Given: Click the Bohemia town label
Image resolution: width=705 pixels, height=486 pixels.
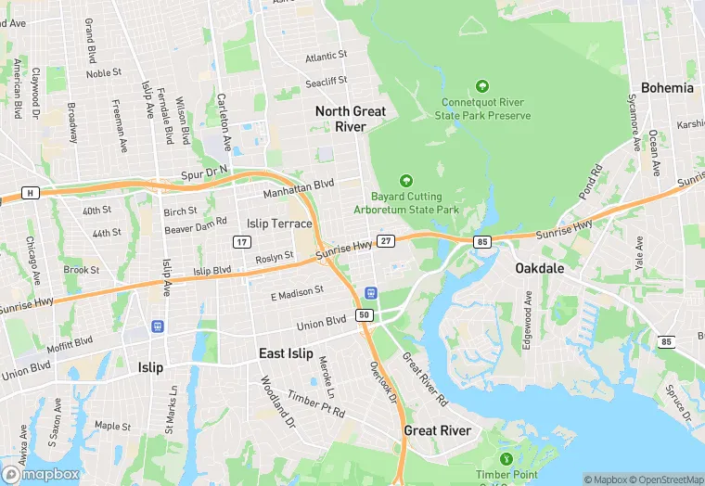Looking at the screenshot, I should coord(666,88).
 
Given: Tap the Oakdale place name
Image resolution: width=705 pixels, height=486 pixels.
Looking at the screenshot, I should coord(540,268).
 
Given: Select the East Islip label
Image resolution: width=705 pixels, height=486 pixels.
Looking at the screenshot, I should coord(286,353).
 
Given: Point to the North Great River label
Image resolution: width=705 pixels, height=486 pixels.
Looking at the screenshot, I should coord(351,119).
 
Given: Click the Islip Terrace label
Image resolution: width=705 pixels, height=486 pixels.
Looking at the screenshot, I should coord(280,224).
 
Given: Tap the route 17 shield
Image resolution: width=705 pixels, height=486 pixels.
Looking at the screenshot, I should coord(241,242).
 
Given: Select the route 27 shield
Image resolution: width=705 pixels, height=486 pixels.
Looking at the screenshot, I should coord(387,241).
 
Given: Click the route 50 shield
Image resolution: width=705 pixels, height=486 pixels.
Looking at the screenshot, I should coord(365,315).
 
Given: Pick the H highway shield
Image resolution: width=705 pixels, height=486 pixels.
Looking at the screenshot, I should coord(32,193).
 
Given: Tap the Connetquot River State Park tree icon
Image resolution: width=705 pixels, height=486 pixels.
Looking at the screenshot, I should coord(481,86).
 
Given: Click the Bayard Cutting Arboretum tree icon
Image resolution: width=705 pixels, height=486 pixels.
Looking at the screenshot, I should coord(405,180).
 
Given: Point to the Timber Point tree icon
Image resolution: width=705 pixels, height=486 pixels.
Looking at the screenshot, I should coord(506,459).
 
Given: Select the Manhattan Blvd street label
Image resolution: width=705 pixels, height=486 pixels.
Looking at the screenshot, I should coord(298,189).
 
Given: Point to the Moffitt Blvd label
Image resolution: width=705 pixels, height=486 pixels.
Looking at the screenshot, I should coord(70,342).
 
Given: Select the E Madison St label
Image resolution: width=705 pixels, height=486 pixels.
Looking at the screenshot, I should coord(297,293).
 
